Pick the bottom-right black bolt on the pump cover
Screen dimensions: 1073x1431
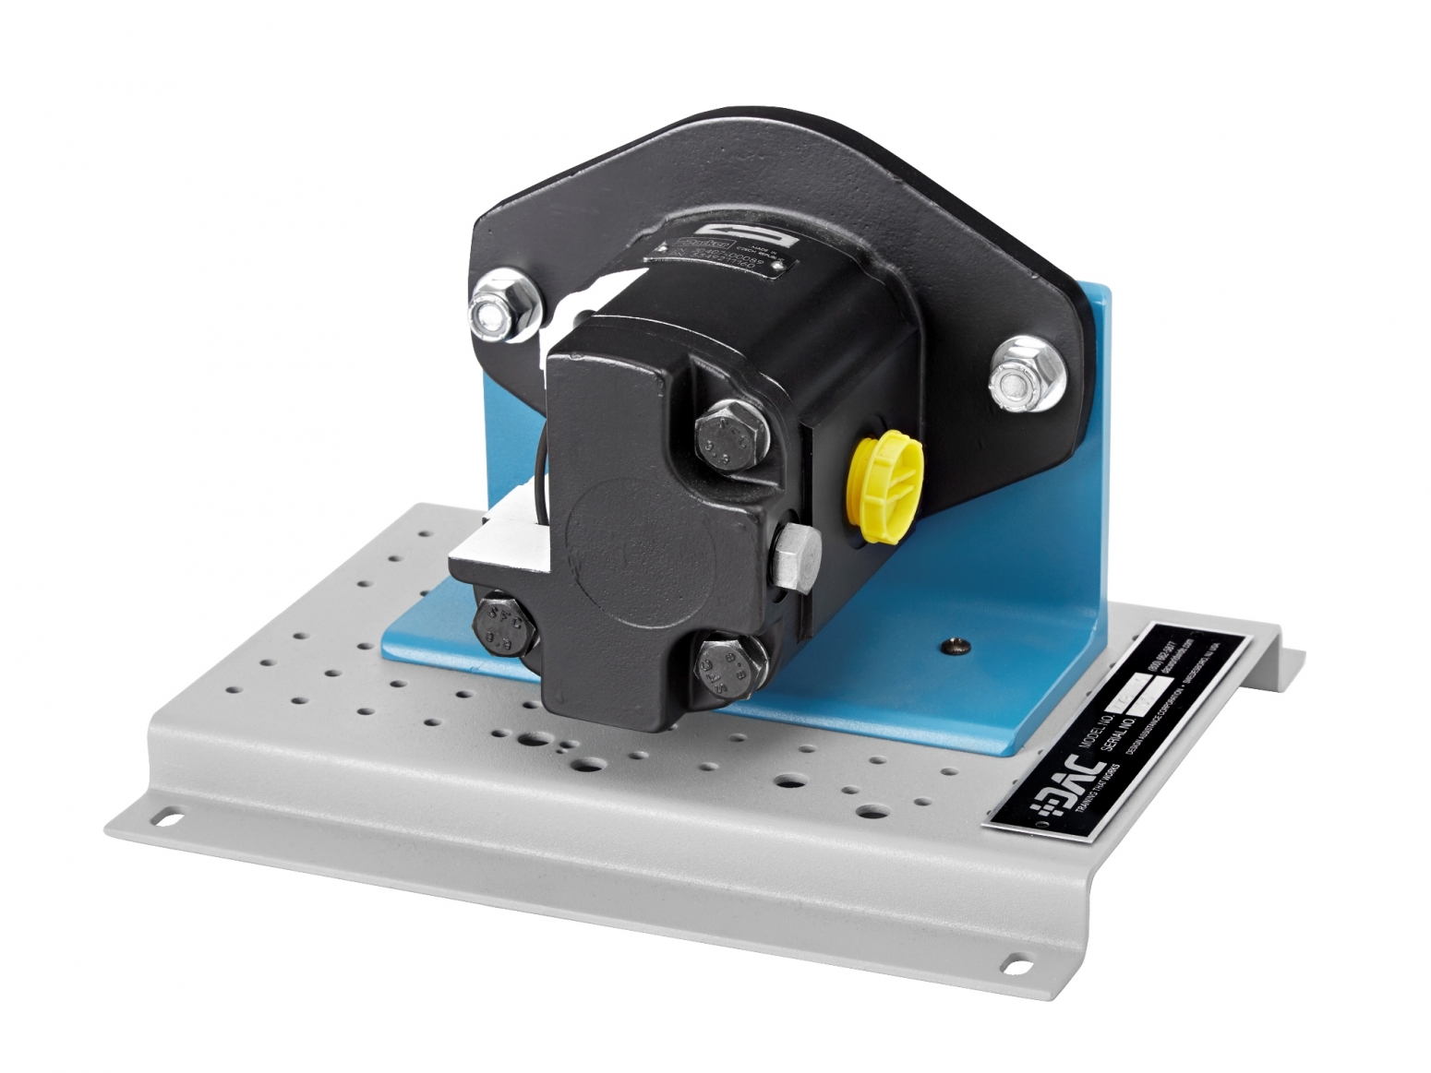[x=728, y=663]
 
